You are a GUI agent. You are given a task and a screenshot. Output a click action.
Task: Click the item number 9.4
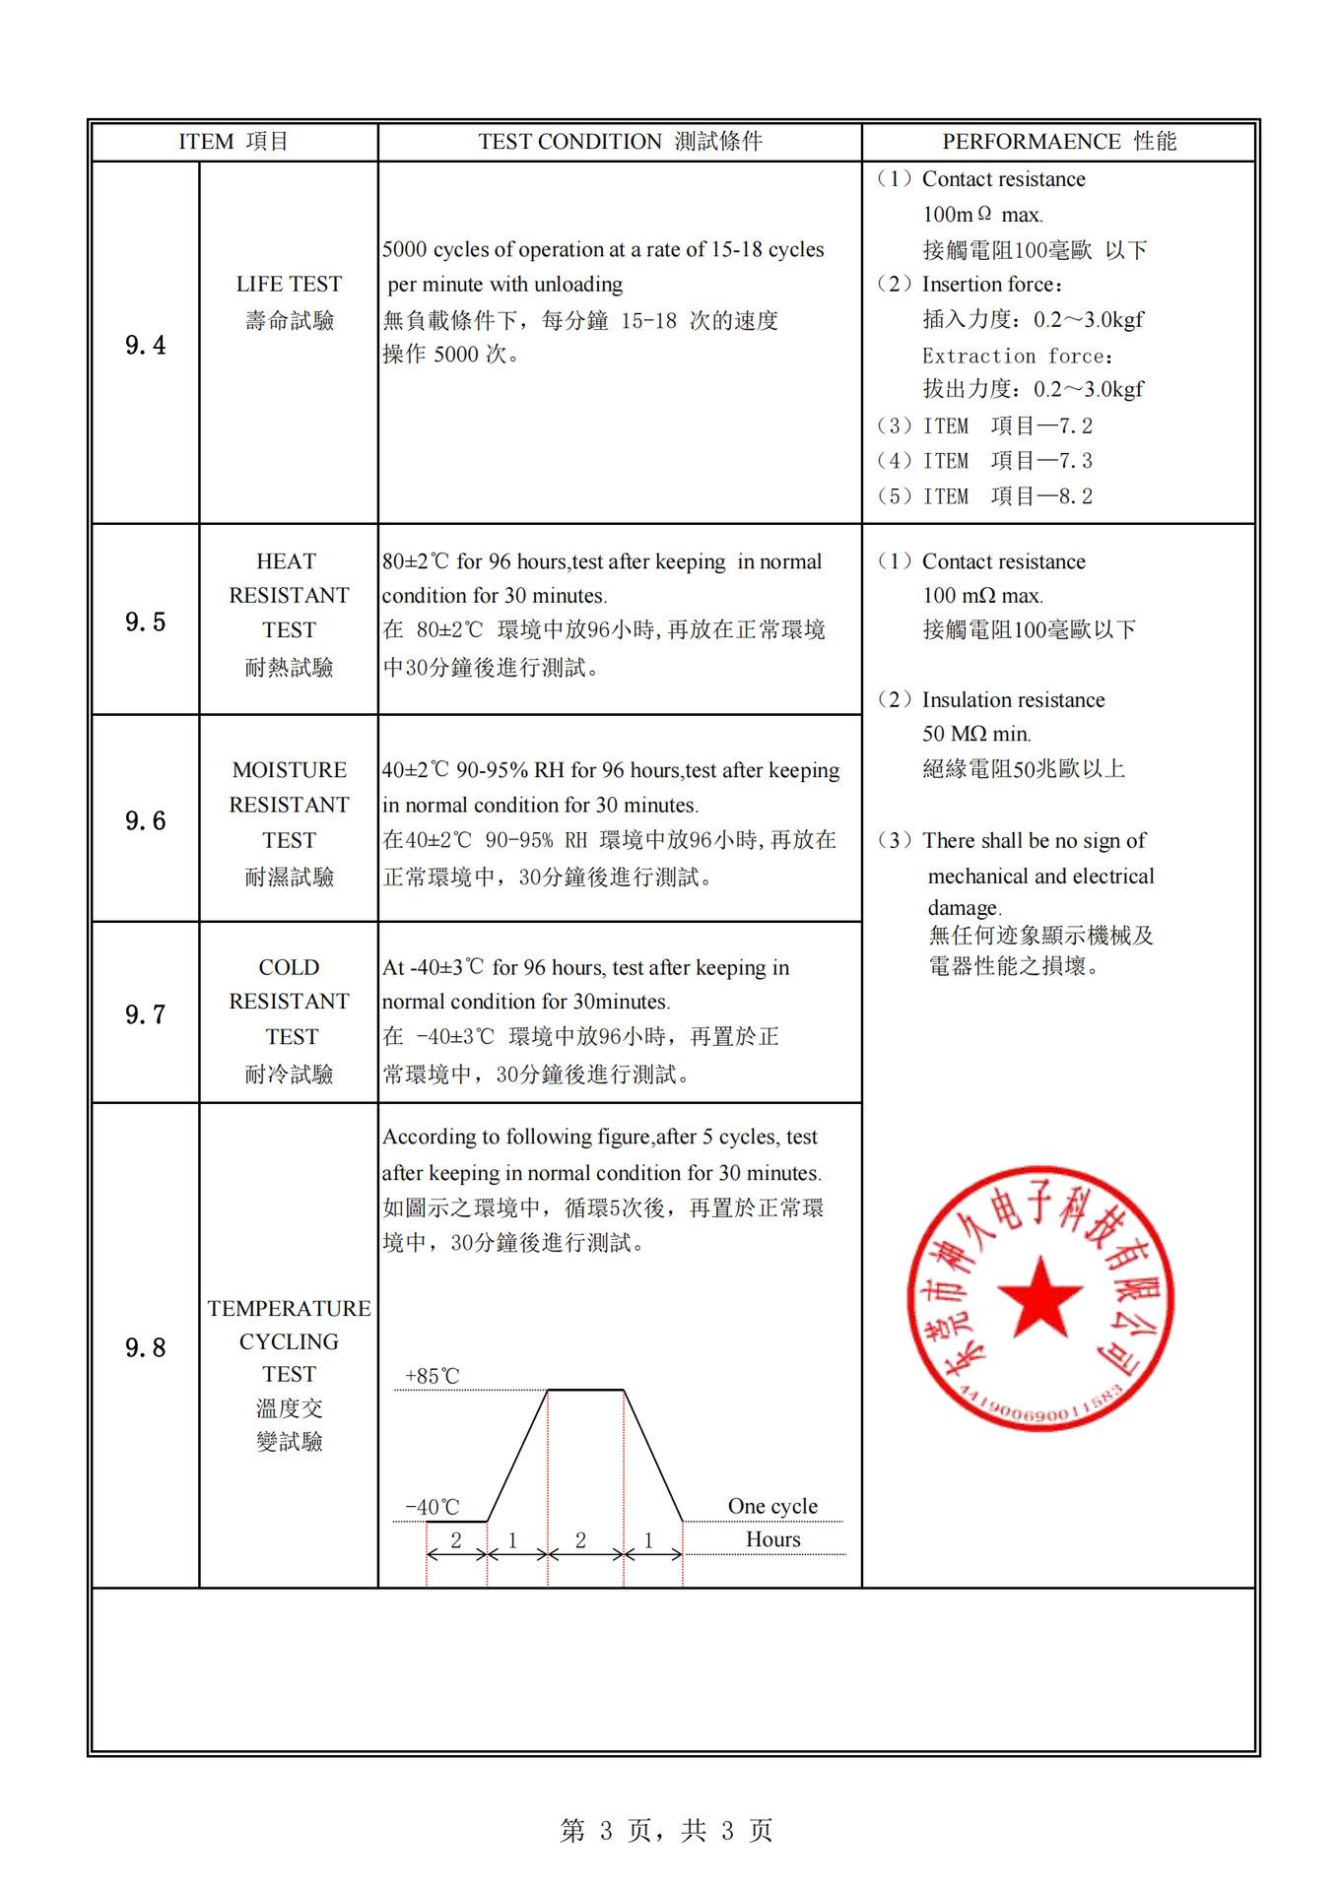pyautogui.click(x=145, y=345)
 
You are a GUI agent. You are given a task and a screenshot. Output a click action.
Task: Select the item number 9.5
pyautogui.click(x=145, y=621)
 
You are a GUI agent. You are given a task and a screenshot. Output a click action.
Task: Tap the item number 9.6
pyautogui.click(x=145, y=820)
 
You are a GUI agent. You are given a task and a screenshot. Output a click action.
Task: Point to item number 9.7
pyautogui.click(x=145, y=1014)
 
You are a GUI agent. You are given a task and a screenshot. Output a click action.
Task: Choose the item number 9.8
pyautogui.click(x=145, y=1347)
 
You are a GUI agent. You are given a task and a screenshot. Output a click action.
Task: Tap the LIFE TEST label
pyautogui.click(x=289, y=285)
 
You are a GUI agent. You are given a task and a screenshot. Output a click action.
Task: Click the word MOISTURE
pyautogui.click(x=289, y=770)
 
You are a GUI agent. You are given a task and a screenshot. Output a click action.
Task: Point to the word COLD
pyautogui.click(x=289, y=967)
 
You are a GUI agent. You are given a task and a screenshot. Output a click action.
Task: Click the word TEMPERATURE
pyautogui.click(x=289, y=1308)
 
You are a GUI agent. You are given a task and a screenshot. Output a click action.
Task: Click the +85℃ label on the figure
pyautogui.click(x=432, y=1376)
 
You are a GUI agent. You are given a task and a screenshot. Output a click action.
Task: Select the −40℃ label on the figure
pyautogui.click(x=432, y=1507)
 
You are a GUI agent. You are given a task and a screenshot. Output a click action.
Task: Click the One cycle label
pyautogui.click(x=772, y=1506)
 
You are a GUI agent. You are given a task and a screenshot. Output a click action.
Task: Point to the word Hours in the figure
pyautogui.click(x=772, y=1539)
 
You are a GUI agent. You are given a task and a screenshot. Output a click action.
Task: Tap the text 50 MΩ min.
pyautogui.click(x=976, y=734)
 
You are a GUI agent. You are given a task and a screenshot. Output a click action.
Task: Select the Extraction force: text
pyautogui.click(x=1017, y=356)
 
